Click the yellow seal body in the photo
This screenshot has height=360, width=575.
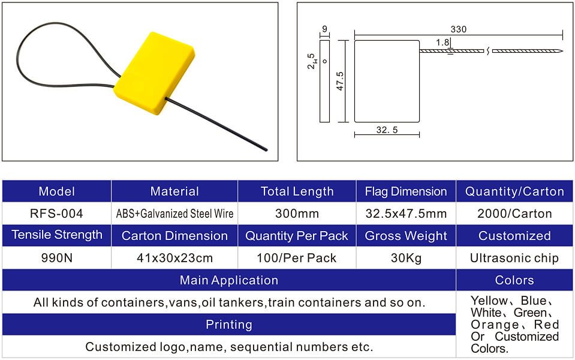[154, 73]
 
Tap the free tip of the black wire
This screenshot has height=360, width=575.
[266, 150]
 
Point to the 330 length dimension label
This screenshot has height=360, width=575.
[459, 29]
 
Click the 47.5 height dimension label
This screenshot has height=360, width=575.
[340, 81]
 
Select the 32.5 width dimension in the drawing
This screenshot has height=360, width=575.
[387, 130]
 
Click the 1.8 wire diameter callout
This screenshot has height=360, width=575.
[442, 43]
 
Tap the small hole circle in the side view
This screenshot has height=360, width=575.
[324, 61]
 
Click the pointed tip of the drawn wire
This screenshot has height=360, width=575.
[562, 51]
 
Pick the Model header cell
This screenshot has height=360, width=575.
[57, 191]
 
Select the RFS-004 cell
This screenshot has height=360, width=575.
[57, 214]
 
